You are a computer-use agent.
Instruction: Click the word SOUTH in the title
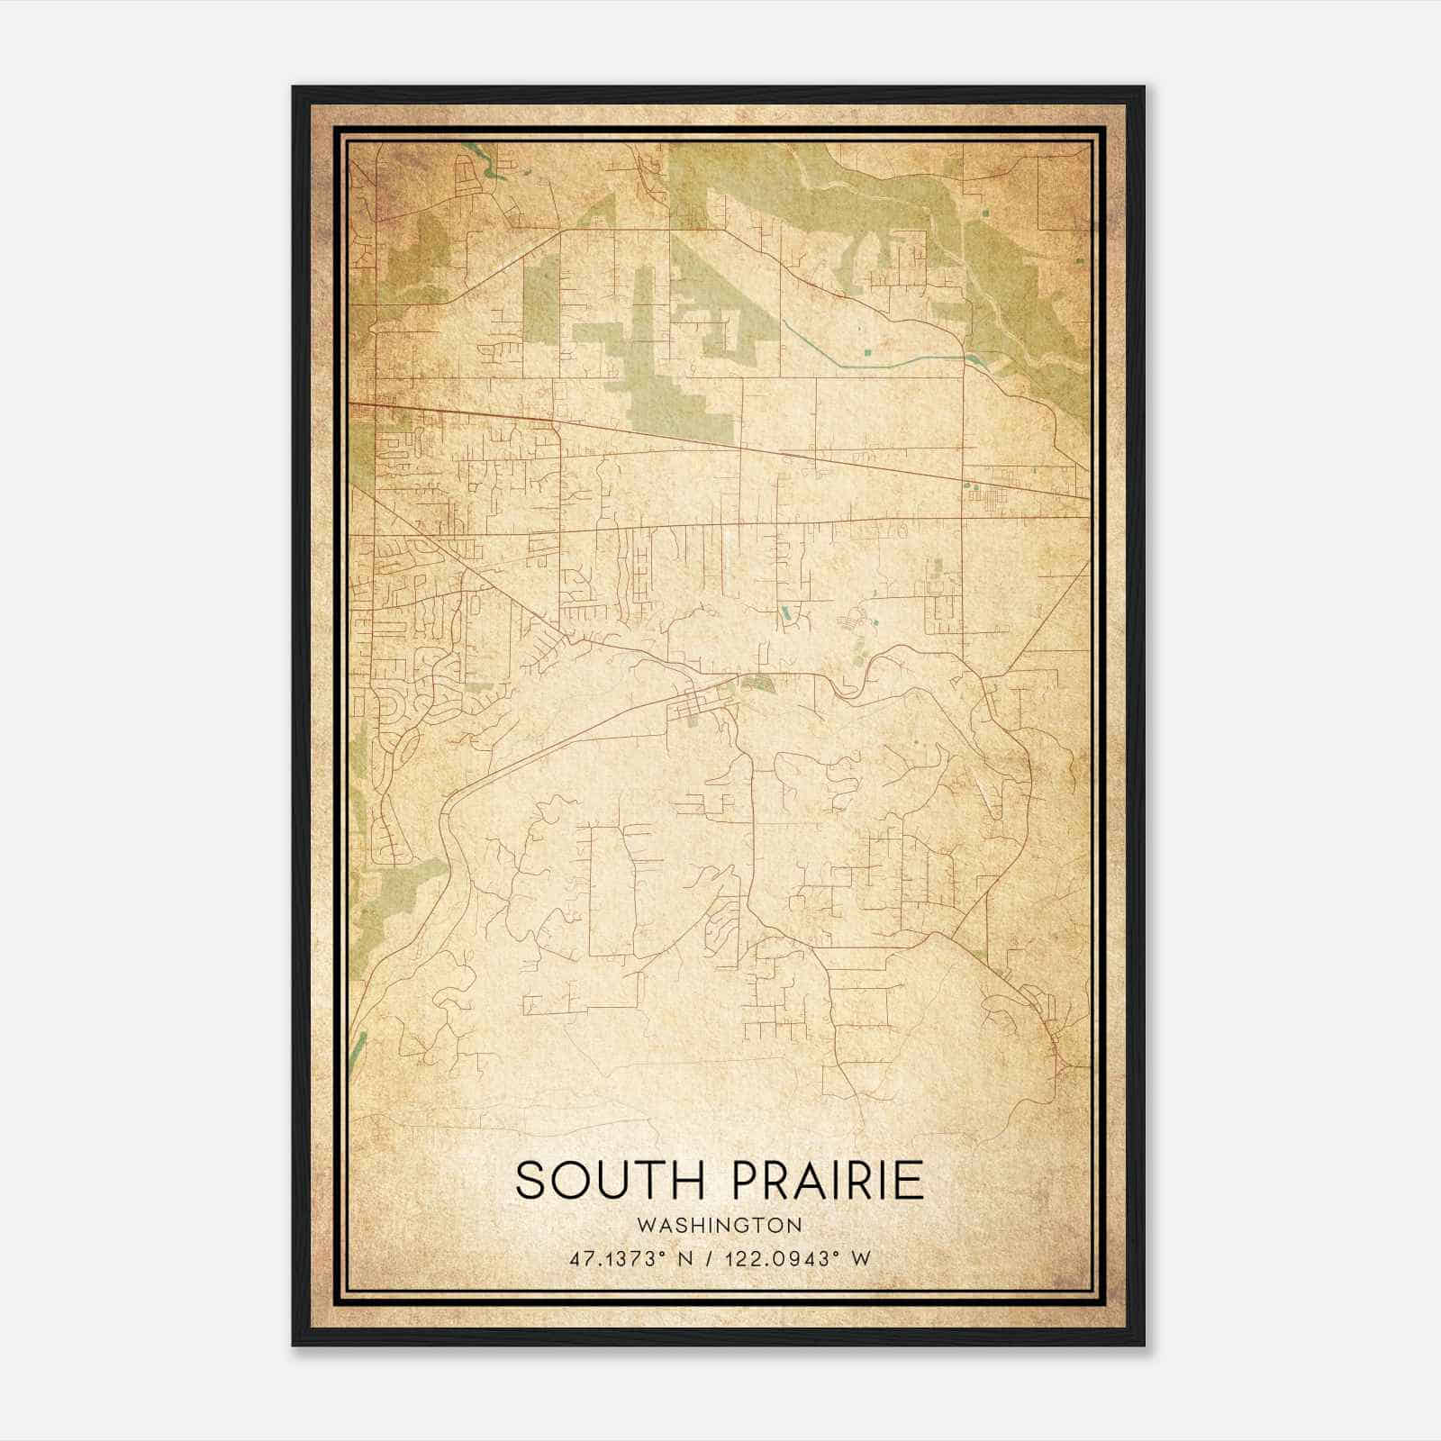tap(612, 1181)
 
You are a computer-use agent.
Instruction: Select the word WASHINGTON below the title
tap(719, 1226)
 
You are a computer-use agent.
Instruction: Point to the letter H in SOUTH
tap(688, 1181)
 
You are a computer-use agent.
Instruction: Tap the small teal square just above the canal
tap(866, 350)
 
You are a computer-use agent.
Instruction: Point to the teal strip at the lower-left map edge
tap(359, 1045)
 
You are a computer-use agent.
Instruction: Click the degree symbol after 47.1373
tap(654, 1254)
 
